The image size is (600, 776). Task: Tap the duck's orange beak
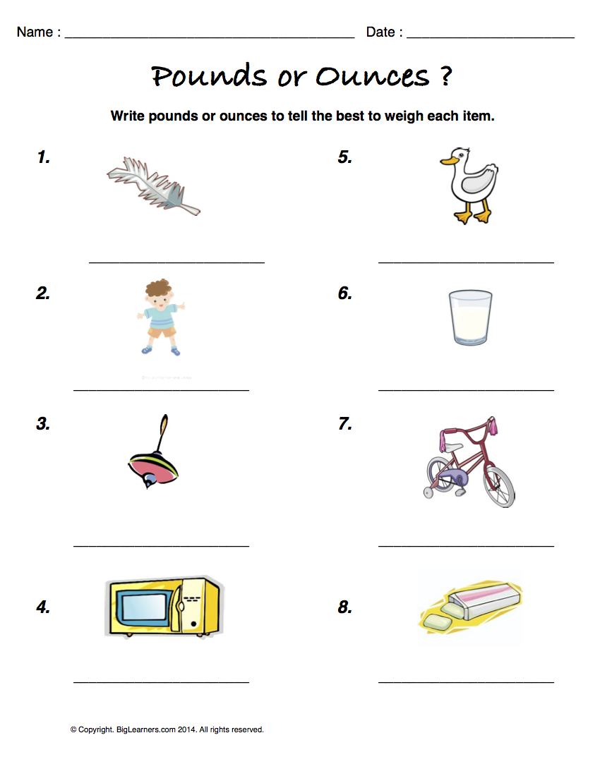[x=447, y=162]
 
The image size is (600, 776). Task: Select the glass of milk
[x=470, y=318]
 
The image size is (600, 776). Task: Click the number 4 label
[x=43, y=607]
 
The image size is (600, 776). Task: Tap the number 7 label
[x=344, y=424]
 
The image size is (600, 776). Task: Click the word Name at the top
[x=35, y=32]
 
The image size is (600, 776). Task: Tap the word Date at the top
[x=380, y=32]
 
